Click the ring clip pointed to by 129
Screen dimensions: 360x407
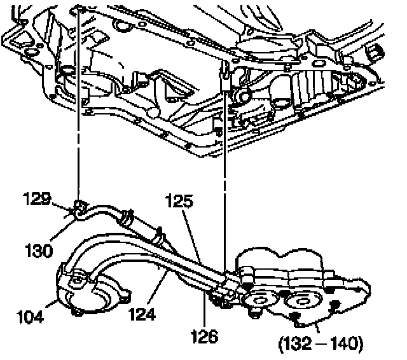click(x=81, y=207)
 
